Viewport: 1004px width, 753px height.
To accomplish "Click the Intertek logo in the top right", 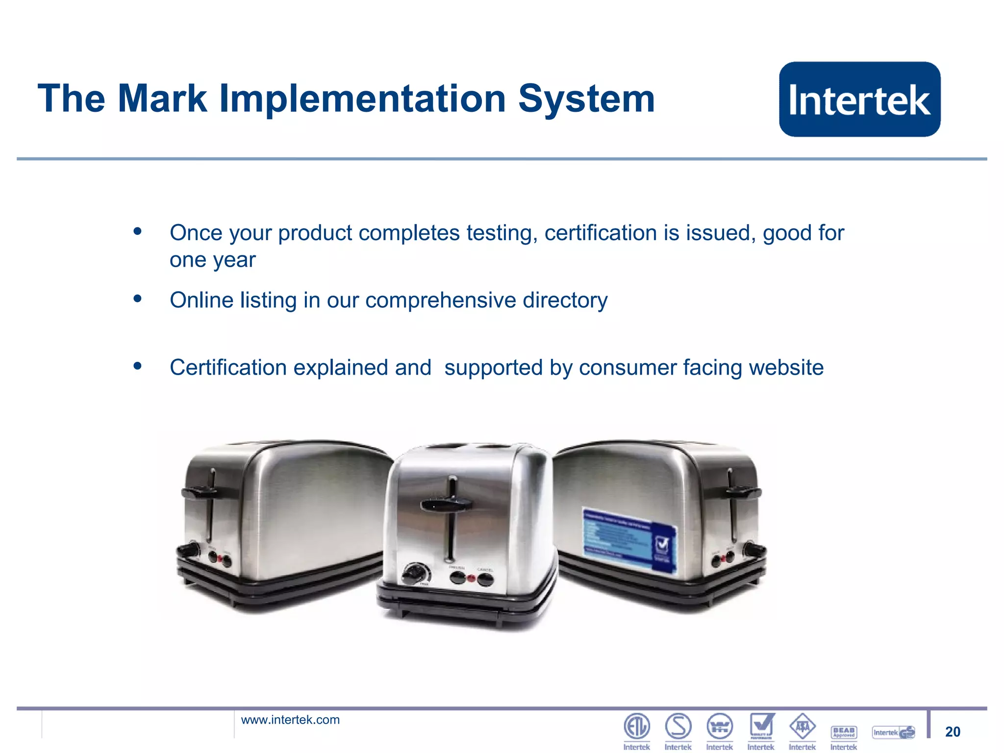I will (x=859, y=99).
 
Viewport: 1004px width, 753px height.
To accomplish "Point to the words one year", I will (x=212, y=260).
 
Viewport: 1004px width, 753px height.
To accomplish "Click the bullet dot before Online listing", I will (x=137, y=298).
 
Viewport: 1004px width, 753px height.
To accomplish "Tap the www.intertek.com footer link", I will (x=290, y=720).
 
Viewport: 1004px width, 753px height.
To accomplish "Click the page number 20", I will (x=953, y=732).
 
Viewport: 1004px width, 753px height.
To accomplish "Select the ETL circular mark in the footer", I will (x=636, y=727).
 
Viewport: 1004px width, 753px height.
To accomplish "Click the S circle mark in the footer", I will (x=678, y=727).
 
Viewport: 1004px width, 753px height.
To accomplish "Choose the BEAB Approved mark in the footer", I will (x=844, y=732).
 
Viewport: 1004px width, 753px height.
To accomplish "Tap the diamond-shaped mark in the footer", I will (x=802, y=727).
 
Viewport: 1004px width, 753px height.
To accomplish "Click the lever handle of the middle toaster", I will (x=446, y=504).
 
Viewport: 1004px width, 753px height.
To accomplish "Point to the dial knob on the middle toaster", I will (x=416, y=573).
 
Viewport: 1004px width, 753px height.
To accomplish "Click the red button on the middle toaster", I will (x=471, y=578).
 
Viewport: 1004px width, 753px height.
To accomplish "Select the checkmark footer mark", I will (x=761, y=726).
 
